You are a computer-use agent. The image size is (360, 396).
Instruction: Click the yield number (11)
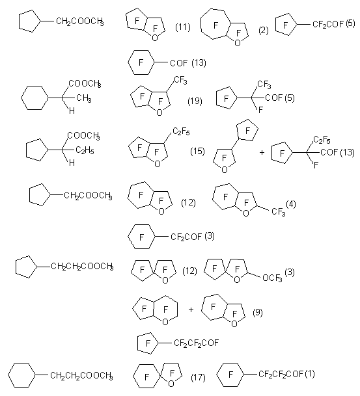183,27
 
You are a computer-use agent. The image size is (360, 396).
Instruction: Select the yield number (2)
264,31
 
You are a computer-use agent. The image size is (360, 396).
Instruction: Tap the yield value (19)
195,101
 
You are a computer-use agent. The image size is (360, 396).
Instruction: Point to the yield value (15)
197,151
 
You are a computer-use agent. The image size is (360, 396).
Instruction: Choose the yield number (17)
198,378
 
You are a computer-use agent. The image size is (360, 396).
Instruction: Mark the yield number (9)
258,312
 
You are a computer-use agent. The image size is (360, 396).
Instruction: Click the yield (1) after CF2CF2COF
310,373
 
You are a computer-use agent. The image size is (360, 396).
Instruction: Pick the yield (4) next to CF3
291,204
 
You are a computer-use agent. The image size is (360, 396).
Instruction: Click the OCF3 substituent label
272,278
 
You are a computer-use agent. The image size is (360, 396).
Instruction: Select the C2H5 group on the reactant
85,150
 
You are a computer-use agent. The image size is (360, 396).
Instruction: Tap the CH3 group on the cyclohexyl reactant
84,98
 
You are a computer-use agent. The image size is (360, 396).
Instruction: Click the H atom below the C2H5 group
72,163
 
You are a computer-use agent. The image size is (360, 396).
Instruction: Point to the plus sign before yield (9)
191,310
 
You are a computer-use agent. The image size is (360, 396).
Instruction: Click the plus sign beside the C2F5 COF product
262,152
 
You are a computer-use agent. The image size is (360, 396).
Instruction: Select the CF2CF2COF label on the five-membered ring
196,343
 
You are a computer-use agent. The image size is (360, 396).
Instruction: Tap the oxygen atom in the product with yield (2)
238,43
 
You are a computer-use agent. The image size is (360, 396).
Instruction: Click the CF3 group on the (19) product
180,81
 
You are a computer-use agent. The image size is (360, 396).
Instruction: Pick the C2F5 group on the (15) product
181,131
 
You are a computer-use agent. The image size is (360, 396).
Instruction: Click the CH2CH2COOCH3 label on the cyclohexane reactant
81,376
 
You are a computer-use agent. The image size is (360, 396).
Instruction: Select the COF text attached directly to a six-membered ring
179,63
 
